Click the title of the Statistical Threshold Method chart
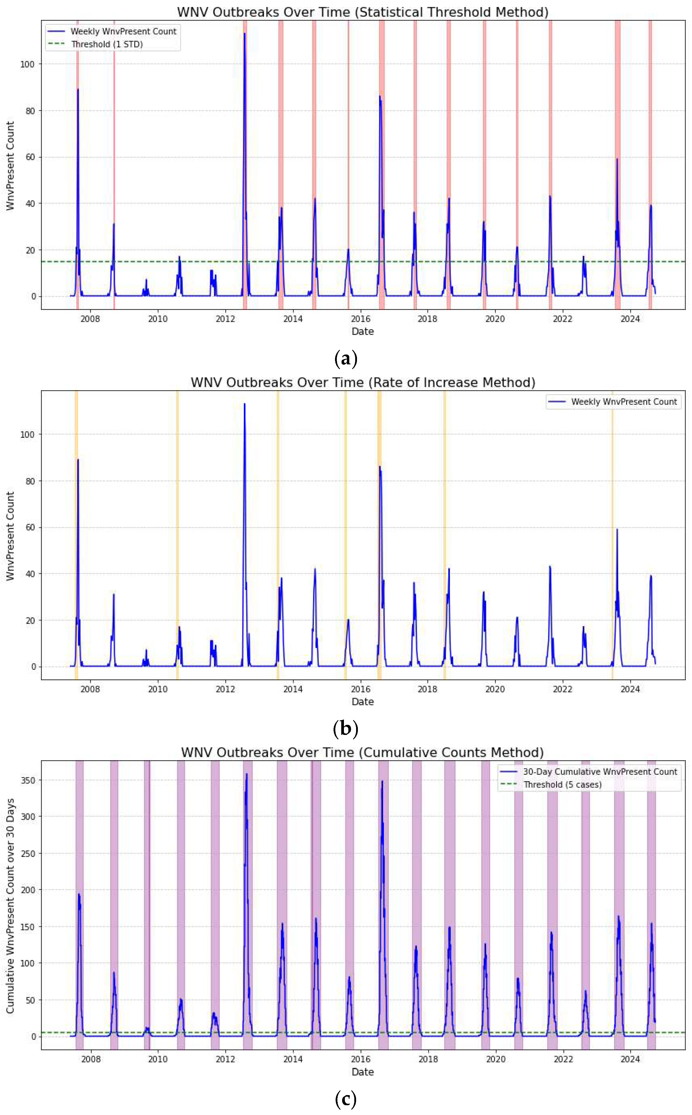[363, 12]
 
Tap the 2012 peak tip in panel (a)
[245, 34]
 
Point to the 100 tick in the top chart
[28, 64]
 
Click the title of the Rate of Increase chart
[363, 382]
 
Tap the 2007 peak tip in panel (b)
[78, 459]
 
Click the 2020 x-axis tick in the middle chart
[495, 689]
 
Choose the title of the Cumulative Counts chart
[363, 752]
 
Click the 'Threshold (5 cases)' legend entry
[562, 785]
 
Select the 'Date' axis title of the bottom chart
[363, 1072]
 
